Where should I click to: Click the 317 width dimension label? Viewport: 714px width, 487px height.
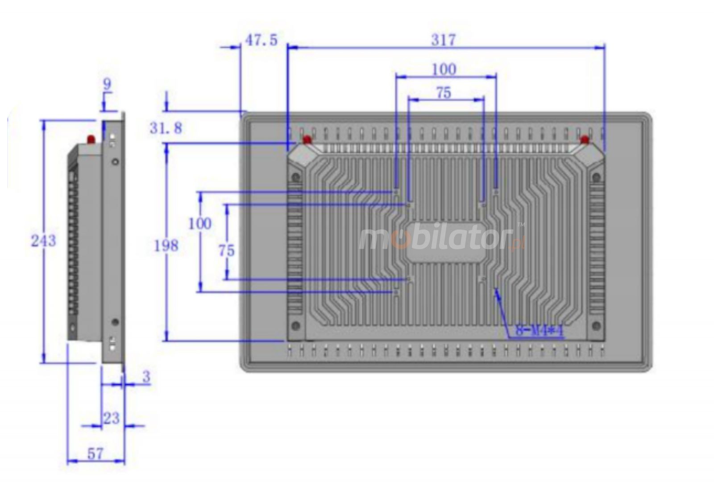tap(443, 40)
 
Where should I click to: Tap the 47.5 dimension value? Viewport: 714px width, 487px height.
tap(261, 40)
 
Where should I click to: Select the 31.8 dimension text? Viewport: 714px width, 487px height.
tap(166, 129)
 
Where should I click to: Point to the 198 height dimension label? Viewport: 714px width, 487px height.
tap(166, 246)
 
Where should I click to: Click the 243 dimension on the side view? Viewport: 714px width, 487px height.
tap(43, 241)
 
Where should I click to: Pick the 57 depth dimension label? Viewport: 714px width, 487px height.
tap(95, 454)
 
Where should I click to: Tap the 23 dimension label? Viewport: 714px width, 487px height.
tap(111, 418)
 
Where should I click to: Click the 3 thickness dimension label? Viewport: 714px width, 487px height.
tap(146, 377)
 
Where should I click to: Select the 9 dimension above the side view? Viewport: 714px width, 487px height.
tap(107, 84)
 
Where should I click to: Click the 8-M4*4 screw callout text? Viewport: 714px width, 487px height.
tap(539, 331)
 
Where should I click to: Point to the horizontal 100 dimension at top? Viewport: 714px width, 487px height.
tap(444, 69)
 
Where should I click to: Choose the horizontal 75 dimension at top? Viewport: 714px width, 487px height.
tap(443, 93)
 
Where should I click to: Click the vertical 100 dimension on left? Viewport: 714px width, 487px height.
tap(199, 223)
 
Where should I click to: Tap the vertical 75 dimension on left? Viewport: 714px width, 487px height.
tap(226, 251)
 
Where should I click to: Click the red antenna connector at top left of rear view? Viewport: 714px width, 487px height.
tap(307, 140)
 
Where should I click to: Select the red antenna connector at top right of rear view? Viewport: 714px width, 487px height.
tap(585, 140)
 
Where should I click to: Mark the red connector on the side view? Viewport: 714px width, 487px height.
tap(91, 139)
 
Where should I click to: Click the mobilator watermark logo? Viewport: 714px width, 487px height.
tap(442, 239)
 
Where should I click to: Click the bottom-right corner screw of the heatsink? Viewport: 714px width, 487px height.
tap(596, 325)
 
